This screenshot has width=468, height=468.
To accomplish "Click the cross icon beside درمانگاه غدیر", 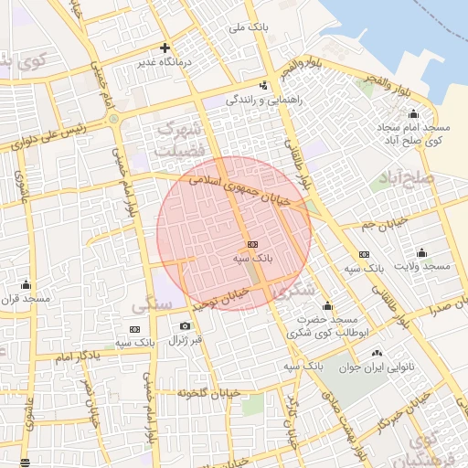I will (x=165, y=48).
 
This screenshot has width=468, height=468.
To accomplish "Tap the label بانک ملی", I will (x=249, y=28).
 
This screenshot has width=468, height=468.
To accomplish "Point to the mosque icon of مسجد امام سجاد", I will (x=413, y=114).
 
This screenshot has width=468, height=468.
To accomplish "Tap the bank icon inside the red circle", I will (x=253, y=244).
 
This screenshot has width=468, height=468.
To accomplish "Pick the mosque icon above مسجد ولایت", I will (x=421, y=252).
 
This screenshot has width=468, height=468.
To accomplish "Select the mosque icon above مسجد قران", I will (x=26, y=284).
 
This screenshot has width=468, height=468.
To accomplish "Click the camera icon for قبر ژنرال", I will (x=186, y=326).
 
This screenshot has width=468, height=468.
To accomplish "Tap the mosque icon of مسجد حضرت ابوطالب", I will (x=328, y=305).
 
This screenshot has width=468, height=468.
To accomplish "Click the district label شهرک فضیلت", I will (x=178, y=138).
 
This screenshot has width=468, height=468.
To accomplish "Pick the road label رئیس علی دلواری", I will (x=50, y=140).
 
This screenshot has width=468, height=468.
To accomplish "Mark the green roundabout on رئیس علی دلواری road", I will (x=113, y=119).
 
